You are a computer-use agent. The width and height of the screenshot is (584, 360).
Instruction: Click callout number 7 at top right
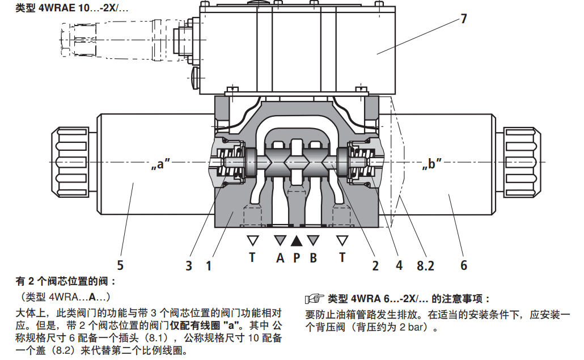click(463, 18)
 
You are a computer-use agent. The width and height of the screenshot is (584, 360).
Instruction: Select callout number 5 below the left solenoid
click(120, 265)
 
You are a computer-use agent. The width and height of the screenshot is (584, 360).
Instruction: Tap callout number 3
click(189, 265)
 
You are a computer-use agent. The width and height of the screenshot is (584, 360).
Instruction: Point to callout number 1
click(209, 265)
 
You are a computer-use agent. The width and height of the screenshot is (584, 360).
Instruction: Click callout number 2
click(375, 264)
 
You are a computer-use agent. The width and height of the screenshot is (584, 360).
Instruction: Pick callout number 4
click(399, 264)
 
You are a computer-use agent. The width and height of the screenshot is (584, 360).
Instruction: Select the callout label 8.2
click(427, 264)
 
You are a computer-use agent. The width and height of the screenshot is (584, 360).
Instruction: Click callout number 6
click(463, 265)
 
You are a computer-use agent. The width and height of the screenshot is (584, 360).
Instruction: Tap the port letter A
click(280, 258)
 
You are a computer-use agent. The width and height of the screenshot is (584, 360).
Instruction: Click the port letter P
click(296, 258)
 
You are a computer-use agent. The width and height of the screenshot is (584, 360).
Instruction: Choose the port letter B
click(313, 258)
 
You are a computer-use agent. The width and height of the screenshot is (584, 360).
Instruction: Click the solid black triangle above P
click(297, 240)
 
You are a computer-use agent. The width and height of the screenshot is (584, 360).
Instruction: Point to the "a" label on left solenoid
click(161, 165)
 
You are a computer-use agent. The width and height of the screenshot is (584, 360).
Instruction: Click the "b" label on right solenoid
click(432, 165)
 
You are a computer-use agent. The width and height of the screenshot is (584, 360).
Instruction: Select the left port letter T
click(252, 258)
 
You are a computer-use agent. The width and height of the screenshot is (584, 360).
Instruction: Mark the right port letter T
click(342, 258)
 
